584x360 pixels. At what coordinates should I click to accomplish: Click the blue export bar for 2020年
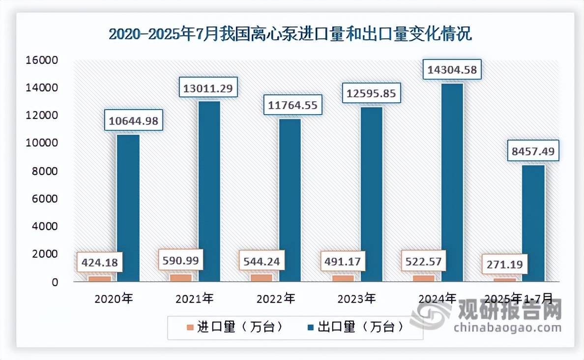point(128,208)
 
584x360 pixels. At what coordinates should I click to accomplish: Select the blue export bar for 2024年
point(452,182)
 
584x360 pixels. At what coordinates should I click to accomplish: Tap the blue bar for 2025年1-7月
point(533,223)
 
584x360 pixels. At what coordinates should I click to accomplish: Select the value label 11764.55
point(290,104)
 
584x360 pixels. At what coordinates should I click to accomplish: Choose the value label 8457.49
point(533,151)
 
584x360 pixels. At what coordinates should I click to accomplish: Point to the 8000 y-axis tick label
point(47,171)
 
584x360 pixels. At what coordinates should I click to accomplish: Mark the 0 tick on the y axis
point(55,282)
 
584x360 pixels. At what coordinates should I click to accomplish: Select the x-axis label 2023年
point(357,298)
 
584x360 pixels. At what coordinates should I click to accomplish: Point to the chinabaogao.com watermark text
point(507,328)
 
